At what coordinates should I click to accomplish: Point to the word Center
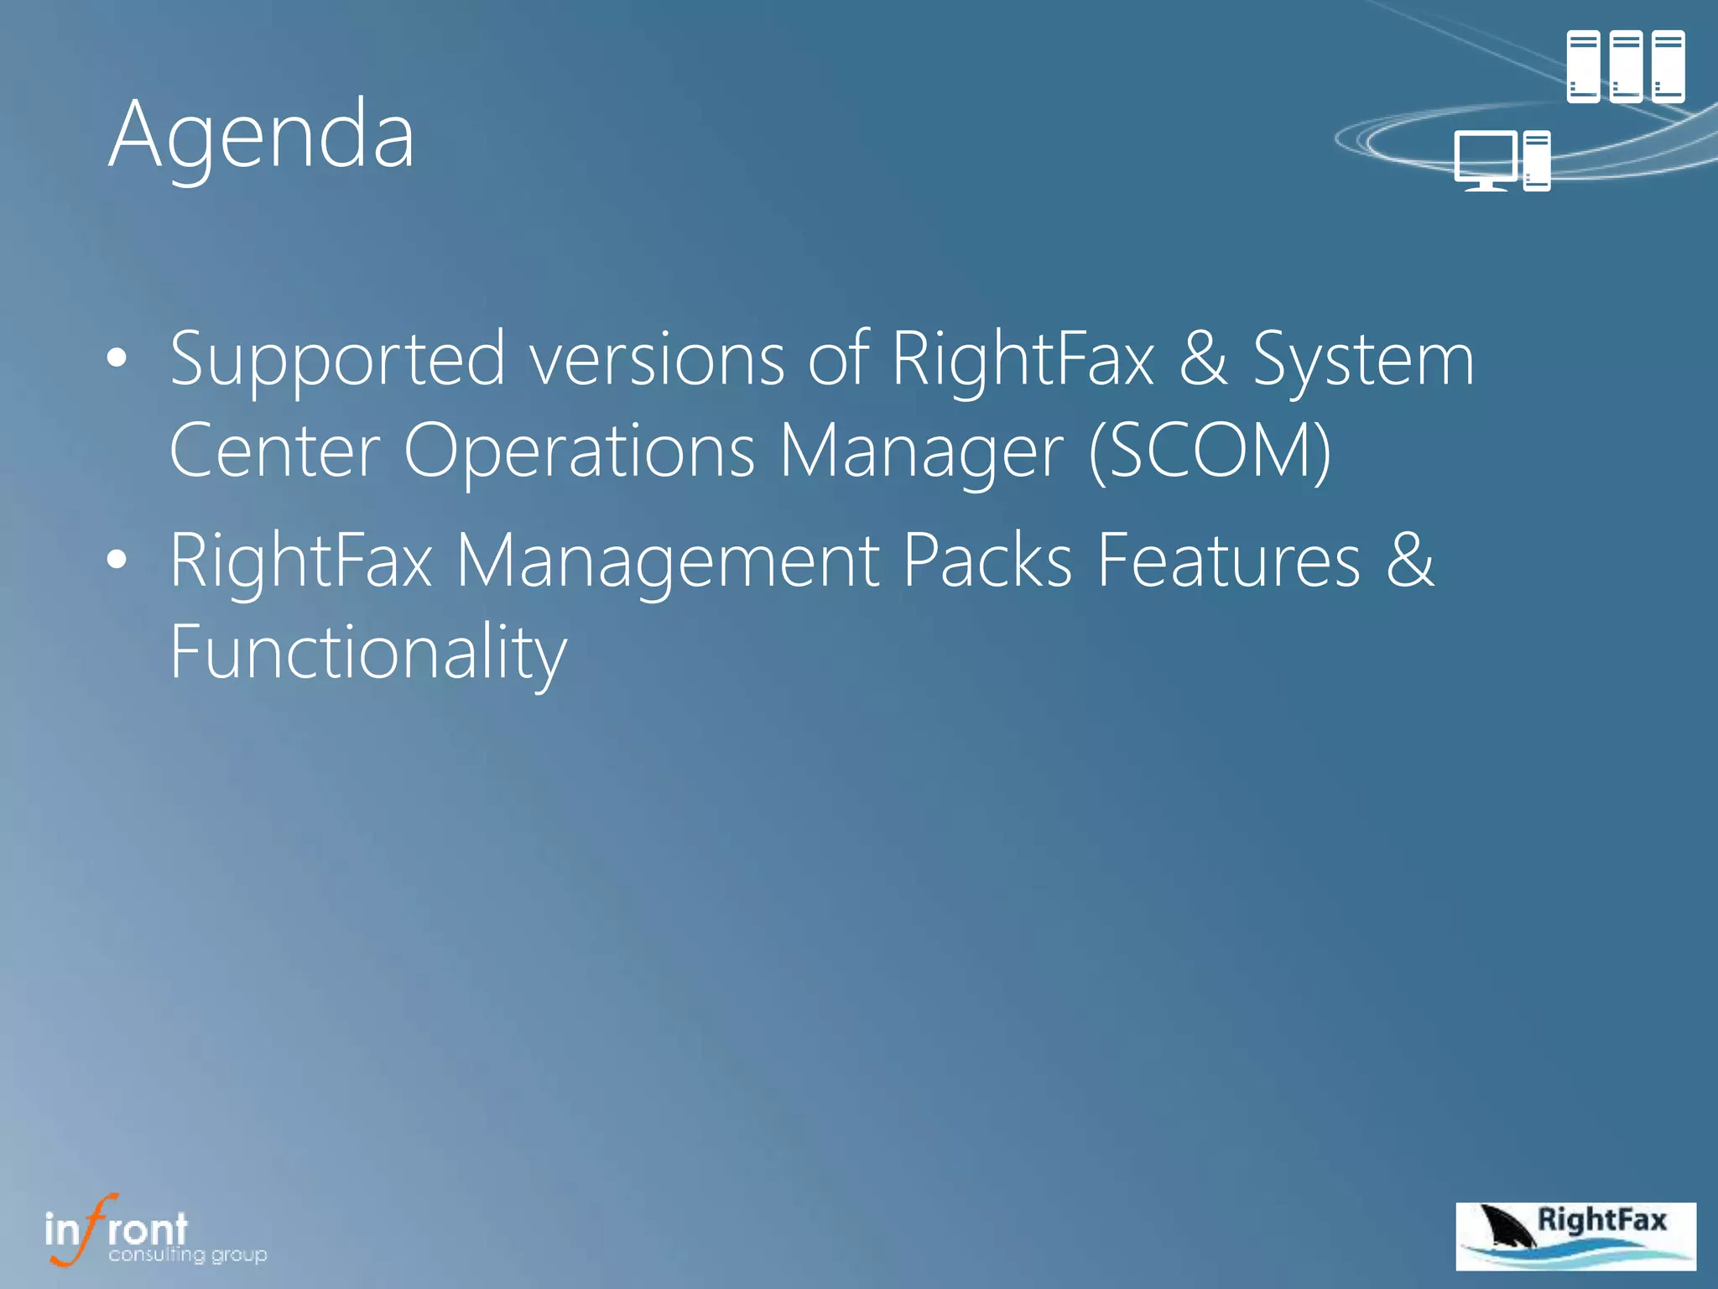pyautogui.click(x=274, y=451)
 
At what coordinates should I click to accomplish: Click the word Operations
pyautogui.click(x=579, y=451)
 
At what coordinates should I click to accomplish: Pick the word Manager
pyautogui.click(x=921, y=451)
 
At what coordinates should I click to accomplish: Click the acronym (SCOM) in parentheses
pyautogui.click(x=1209, y=451)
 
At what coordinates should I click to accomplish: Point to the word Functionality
pyautogui.click(x=368, y=653)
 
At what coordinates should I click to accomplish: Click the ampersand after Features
pyautogui.click(x=1410, y=561)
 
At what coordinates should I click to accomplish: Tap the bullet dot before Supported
pyautogui.click(x=117, y=358)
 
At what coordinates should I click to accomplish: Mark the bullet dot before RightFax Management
pyautogui.click(x=117, y=559)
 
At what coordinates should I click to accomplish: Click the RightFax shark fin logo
pyautogui.click(x=1575, y=1236)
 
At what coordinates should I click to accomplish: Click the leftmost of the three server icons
pyautogui.click(x=1583, y=66)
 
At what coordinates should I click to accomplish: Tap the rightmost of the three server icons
pyautogui.click(x=1669, y=66)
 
